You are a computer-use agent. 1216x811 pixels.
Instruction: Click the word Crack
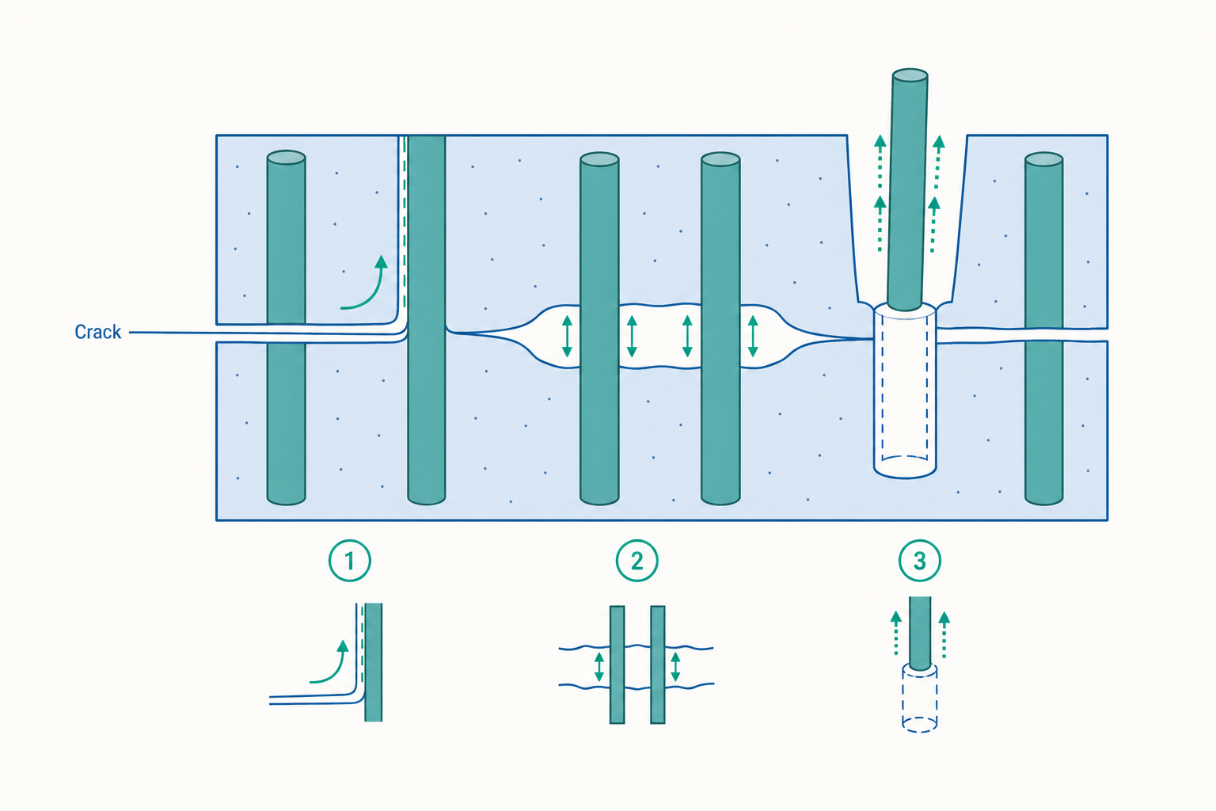click(x=97, y=332)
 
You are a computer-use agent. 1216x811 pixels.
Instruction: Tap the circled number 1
click(x=350, y=561)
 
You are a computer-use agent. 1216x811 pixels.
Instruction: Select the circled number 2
click(x=636, y=561)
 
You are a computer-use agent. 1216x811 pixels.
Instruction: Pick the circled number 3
click(x=920, y=561)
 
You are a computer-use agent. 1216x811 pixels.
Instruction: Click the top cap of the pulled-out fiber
click(x=910, y=75)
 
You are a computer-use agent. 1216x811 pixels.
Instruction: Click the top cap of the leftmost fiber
click(x=286, y=157)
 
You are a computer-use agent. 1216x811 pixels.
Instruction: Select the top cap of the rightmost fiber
click(x=1043, y=159)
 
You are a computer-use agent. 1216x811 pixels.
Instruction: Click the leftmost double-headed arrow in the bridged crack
click(x=568, y=337)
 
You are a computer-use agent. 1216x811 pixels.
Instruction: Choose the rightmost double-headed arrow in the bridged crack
click(x=752, y=337)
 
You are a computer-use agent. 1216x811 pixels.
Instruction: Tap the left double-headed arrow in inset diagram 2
click(x=598, y=667)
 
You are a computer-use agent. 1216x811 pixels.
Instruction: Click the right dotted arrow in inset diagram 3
click(x=944, y=634)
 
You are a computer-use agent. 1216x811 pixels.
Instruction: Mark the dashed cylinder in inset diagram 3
click(x=920, y=699)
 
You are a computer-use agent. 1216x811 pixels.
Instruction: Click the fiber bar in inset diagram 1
click(x=374, y=662)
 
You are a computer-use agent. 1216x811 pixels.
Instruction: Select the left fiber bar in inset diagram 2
click(x=617, y=664)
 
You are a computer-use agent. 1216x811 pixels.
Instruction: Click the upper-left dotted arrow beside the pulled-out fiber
click(x=880, y=163)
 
